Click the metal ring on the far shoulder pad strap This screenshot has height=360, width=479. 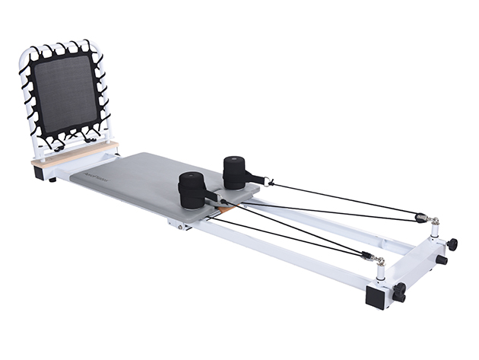tap(268, 180)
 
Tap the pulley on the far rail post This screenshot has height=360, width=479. tap(420, 218)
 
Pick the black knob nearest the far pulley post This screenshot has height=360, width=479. tap(452, 244)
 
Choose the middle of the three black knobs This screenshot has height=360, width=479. tap(441, 260)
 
